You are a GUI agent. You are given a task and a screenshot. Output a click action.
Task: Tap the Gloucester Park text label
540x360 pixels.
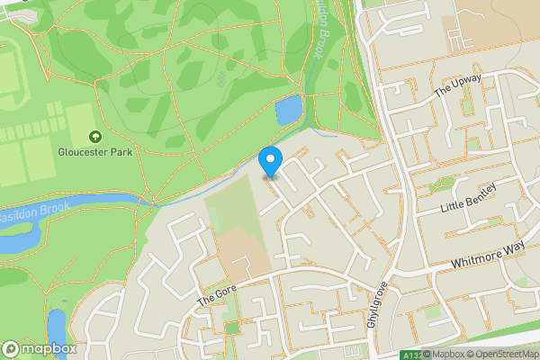95,152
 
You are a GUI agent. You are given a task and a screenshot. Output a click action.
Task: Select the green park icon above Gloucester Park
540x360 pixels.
95,137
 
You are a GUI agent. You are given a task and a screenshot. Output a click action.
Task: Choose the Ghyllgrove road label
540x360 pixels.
379,306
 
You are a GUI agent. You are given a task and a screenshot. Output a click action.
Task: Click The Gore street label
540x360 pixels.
215,292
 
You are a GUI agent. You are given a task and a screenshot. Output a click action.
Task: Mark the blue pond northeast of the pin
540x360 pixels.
288,110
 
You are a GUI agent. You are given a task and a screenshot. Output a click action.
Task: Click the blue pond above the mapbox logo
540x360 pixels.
57,326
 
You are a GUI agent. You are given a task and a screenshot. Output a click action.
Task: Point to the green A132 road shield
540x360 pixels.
411,355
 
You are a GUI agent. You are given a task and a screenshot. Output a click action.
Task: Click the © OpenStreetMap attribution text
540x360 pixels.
502,354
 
